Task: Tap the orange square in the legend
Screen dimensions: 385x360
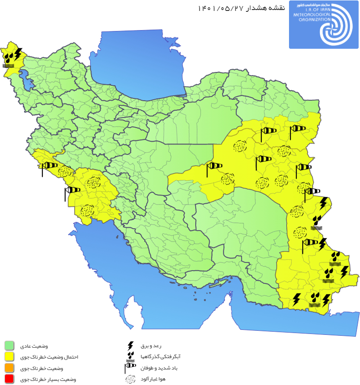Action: (x=9, y=368)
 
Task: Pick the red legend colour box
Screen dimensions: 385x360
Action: (x=9, y=379)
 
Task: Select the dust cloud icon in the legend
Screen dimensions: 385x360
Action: (x=131, y=379)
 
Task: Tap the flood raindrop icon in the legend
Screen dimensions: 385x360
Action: (x=131, y=356)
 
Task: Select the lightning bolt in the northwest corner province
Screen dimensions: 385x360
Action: (x=18, y=55)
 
